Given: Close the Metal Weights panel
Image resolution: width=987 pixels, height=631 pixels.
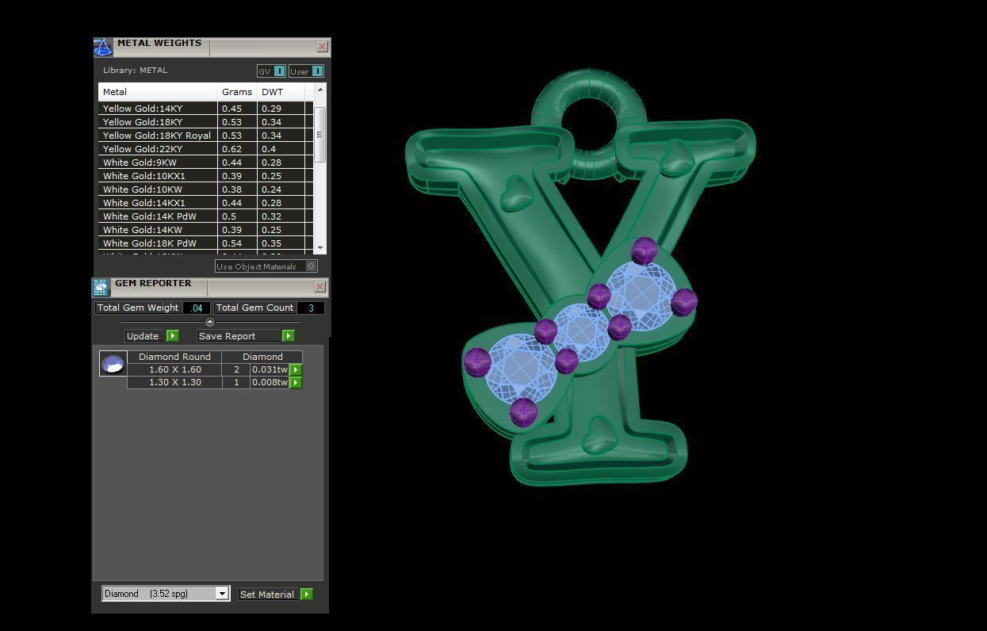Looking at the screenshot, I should [x=322, y=47].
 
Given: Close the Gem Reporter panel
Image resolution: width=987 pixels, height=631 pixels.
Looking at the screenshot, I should [x=319, y=286].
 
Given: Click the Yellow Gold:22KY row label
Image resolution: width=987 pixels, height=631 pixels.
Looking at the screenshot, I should [x=143, y=149].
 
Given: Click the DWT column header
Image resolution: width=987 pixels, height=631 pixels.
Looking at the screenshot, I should [x=272, y=92].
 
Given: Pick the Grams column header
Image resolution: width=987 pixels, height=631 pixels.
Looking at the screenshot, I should [x=236, y=92].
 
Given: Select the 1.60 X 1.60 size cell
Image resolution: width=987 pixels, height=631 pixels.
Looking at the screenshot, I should [x=174, y=369].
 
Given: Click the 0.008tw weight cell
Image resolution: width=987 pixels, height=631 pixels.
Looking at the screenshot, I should [x=270, y=382].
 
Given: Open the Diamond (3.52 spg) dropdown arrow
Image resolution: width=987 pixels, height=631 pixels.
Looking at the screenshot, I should [x=222, y=594].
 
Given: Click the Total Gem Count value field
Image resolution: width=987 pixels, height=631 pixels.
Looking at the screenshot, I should [x=310, y=308].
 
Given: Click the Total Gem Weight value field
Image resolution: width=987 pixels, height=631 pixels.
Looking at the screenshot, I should [x=196, y=308].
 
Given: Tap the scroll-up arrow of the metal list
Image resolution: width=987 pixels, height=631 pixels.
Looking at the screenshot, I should [x=320, y=90].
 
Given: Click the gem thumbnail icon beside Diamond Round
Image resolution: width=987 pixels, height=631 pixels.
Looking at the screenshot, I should [x=113, y=364].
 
